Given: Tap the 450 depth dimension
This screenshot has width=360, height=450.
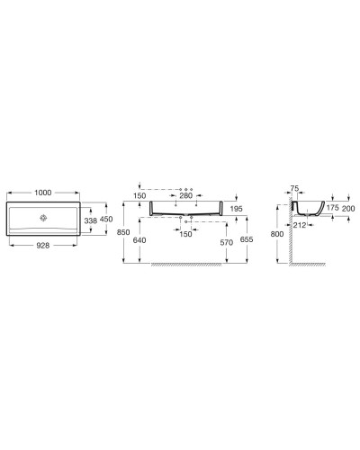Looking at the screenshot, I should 107,218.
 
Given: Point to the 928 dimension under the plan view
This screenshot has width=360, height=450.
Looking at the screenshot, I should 42,246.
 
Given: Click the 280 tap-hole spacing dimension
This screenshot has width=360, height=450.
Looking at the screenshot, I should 185,195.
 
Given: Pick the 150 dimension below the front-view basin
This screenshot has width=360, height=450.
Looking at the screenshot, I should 184,234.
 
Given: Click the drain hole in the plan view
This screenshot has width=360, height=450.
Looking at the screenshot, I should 43,217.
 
